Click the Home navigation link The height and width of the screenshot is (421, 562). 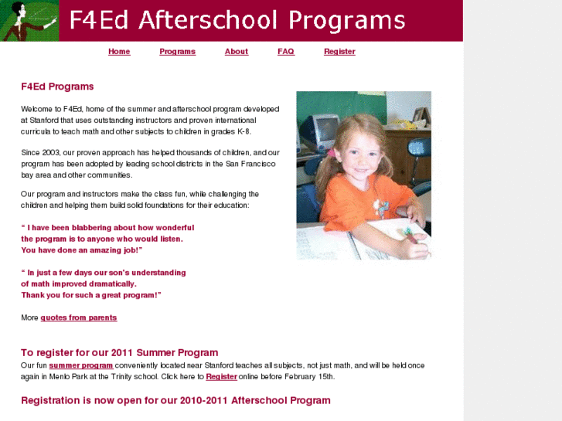(x=119, y=52)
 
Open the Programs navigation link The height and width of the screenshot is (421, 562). (x=177, y=52)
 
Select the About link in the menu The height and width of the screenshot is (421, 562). (x=236, y=52)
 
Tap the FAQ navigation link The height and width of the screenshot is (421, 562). (x=285, y=52)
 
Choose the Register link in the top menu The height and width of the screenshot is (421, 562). (x=339, y=52)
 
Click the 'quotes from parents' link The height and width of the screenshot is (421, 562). (x=79, y=317)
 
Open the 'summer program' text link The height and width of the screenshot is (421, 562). (x=81, y=365)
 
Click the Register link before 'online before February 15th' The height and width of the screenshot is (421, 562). (x=221, y=376)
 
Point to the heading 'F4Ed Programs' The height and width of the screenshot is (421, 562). (x=57, y=87)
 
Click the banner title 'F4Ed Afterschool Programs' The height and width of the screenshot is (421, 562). (x=237, y=20)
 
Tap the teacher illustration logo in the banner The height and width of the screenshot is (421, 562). (x=29, y=21)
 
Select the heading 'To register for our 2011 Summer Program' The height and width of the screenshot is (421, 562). (x=119, y=353)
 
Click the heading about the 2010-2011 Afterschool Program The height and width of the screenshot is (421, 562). (x=175, y=400)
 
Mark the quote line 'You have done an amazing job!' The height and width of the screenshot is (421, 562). (x=81, y=250)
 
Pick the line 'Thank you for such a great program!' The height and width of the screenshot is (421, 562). (x=90, y=295)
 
